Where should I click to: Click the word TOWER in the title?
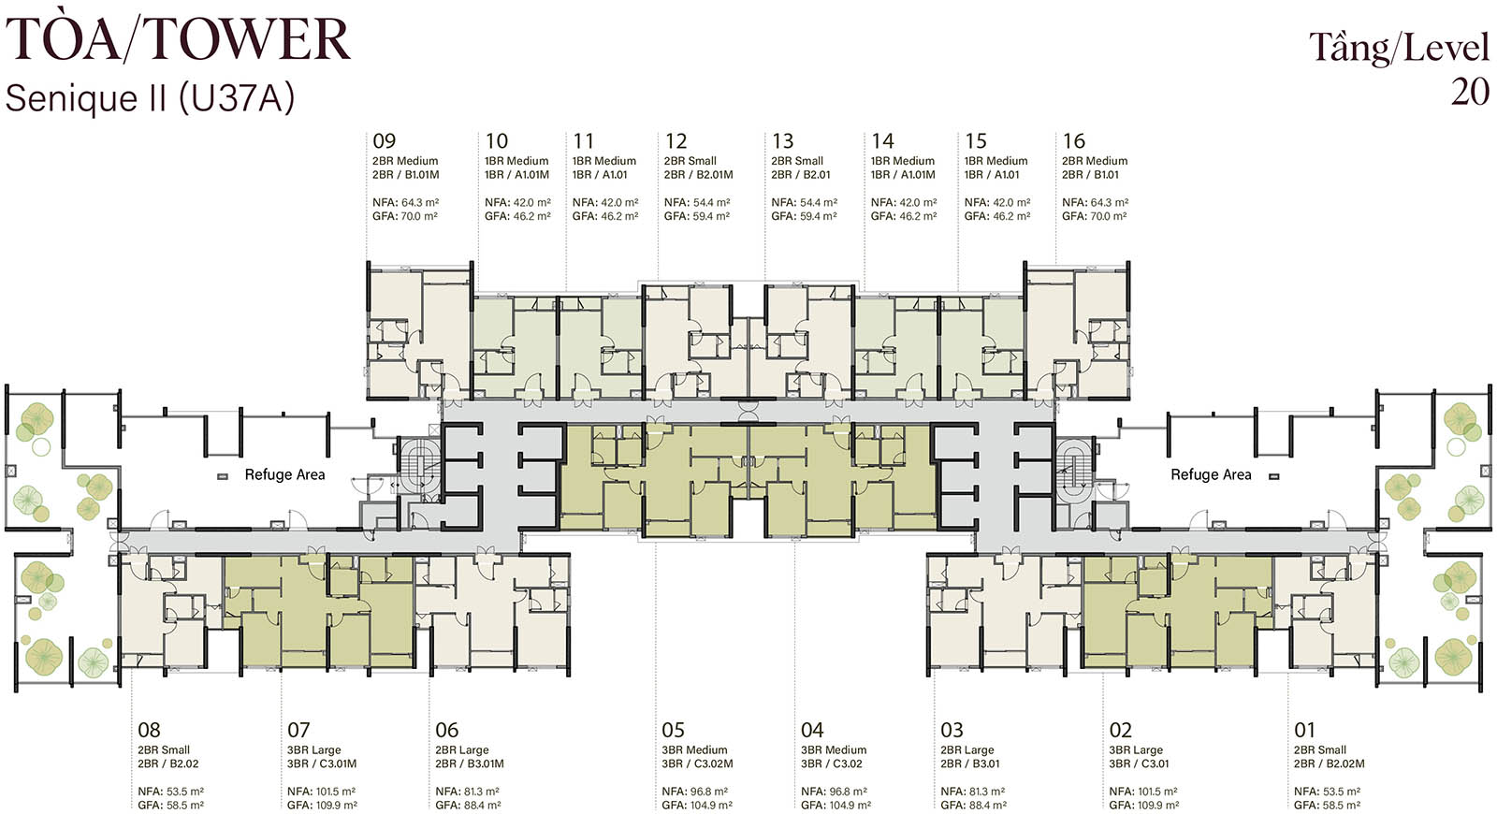(x=247, y=40)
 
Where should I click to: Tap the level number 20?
(x=1470, y=93)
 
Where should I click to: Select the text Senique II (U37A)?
(x=150, y=98)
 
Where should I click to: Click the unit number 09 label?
(x=385, y=141)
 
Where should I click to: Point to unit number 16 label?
(x=1073, y=141)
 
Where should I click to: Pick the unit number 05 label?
(x=674, y=730)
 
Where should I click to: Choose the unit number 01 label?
(x=1304, y=730)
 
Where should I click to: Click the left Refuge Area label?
(x=284, y=474)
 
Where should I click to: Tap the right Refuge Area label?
(x=1211, y=474)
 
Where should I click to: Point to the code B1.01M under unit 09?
(x=422, y=175)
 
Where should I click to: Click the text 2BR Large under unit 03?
(x=967, y=749)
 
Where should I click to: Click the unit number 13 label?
(x=782, y=141)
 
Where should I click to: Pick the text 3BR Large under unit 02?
(x=1136, y=749)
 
